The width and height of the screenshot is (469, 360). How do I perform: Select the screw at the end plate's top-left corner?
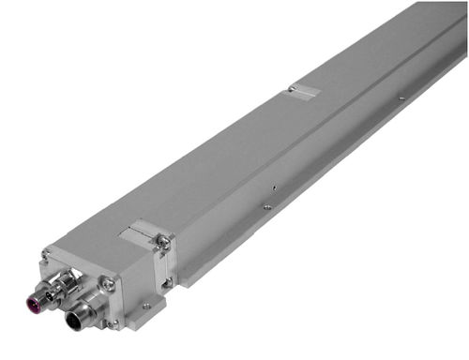click(44, 254)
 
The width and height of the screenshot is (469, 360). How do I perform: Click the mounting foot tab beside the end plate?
click(146, 310)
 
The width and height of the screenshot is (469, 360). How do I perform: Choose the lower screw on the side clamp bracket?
click(169, 278)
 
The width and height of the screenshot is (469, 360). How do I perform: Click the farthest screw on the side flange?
click(401, 97)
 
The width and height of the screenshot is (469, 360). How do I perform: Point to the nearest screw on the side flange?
click(267, 206)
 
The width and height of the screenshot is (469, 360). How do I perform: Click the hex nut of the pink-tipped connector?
click(58, 286)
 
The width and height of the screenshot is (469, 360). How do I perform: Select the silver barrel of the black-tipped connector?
click(92, 307)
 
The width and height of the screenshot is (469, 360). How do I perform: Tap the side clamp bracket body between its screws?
click(166, 261)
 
